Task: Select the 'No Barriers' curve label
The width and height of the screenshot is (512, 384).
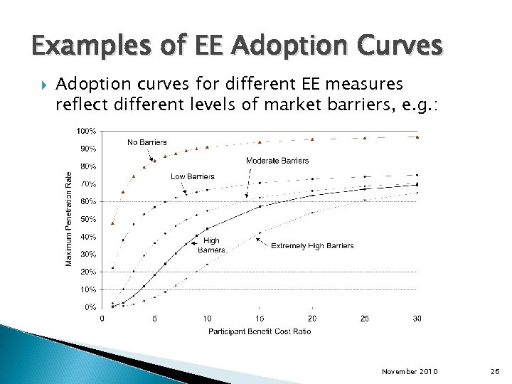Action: point(147,142)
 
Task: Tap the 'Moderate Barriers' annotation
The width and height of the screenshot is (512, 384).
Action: point(277,161)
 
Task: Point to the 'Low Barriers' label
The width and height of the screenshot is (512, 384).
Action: point(192,176)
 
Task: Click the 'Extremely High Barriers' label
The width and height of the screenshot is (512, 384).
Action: point(312,246)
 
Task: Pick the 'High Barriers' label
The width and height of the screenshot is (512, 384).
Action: point(211,245)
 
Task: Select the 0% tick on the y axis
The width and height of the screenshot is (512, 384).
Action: point(91,307)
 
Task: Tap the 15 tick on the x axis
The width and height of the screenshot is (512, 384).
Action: point(260,319)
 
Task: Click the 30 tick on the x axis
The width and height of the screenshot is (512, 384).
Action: point(417,319)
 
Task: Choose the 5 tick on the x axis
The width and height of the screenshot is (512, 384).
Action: point(154,319)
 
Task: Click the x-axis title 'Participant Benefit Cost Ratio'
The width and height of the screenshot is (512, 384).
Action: point(259,331)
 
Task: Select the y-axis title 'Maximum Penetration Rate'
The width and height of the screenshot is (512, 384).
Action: point(69,219)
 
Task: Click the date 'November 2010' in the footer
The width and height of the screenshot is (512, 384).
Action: point(410,372)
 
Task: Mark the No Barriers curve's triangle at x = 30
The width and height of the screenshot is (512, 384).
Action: point(417,137)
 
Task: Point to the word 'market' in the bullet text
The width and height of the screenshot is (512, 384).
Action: point(287,105)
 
